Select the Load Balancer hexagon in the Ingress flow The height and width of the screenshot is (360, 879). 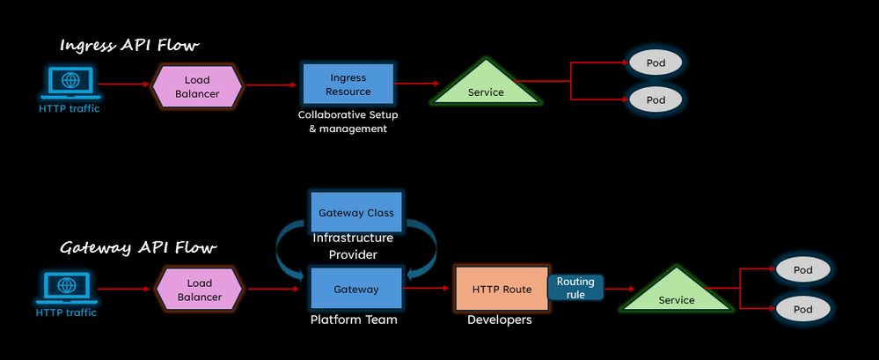(x=197, y=86)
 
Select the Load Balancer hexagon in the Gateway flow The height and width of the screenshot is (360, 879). (x=199, y=290)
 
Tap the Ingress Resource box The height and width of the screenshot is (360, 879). (x=348, y=85)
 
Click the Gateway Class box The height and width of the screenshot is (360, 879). (x=356, y=213)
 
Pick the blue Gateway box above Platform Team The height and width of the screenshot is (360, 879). (x=356, y=289)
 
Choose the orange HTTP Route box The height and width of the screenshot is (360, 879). (x=502, y=290)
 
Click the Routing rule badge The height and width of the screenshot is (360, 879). (x=575, y=288)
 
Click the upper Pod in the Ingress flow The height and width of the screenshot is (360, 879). (x=656, y=63)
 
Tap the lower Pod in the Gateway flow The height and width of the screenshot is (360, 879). (x=802, y=310)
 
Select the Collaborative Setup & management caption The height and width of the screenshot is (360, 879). (x=342, y=121)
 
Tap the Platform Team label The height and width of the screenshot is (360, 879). (x=354, y=320)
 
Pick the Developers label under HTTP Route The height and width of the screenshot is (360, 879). (x=499, y=320)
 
